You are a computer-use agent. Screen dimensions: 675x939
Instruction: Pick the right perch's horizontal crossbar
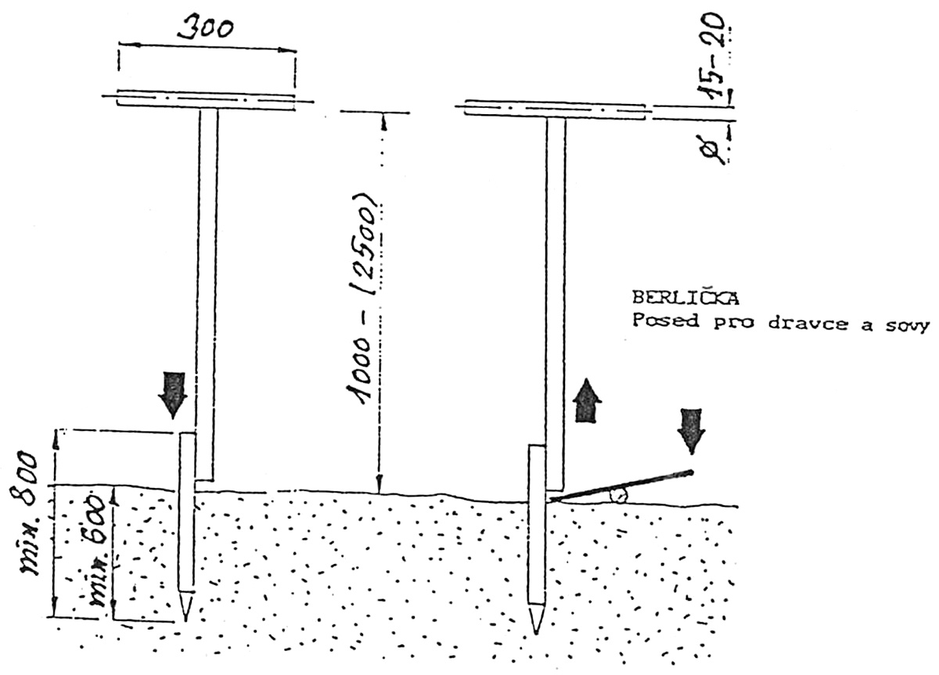556,110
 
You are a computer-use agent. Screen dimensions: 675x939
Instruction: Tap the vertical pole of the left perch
207,289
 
